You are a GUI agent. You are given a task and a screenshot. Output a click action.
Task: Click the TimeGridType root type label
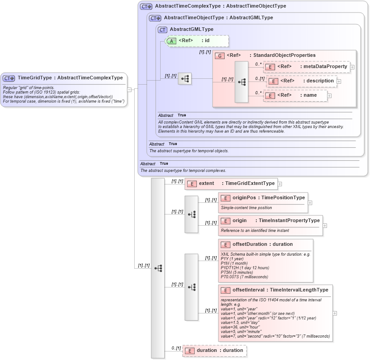point(70,78)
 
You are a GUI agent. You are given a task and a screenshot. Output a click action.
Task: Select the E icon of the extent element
point(192,184)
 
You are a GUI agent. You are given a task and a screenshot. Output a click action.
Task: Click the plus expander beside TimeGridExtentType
point(280,184)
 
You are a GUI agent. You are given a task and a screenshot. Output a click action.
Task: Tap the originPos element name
point(243,197)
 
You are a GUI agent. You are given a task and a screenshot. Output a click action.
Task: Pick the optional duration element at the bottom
point(214,351)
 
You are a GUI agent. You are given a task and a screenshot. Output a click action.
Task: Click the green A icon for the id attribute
point(171,41)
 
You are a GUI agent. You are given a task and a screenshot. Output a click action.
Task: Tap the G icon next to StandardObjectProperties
point(220,56)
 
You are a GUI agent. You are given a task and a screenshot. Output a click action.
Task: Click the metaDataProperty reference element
point(306,67)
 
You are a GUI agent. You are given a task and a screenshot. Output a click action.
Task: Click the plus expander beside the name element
point(329,95)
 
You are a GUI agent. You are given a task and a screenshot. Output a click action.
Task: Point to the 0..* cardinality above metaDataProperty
point(258,64)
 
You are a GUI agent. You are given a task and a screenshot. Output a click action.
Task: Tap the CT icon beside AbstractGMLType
point(163,30)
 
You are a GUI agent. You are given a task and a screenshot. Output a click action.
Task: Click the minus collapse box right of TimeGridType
point(129,89)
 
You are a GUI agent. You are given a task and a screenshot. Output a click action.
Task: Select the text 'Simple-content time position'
point(246,208)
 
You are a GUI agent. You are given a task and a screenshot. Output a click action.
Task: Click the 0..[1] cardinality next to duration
point(176,348)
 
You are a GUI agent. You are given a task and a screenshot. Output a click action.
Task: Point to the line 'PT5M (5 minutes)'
point(237,272)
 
